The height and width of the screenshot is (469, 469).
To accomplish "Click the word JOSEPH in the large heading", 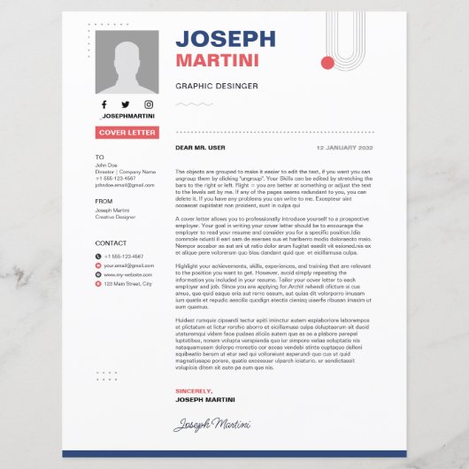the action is (226, 38).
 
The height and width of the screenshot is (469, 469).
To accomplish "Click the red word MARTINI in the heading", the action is (217, 60).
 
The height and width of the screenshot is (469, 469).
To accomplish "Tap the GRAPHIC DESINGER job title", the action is (217, 86).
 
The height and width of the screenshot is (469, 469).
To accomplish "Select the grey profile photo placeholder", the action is (127, 62).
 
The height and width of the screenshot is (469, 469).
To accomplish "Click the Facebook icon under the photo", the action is (105, 104).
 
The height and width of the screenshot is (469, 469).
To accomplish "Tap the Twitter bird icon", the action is (126, 104).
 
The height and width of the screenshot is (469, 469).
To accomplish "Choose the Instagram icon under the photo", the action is (148, 104).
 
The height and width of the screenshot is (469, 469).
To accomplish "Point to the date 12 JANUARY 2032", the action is (345, 148).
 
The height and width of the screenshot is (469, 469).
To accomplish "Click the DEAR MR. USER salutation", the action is (201, 148).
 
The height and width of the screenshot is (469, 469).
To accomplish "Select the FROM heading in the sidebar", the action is (104, 201).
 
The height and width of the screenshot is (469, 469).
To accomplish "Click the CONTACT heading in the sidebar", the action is (111, 242).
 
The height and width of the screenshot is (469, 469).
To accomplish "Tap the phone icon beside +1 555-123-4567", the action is (98, 257).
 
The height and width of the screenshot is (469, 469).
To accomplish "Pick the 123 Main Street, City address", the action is (128, 284).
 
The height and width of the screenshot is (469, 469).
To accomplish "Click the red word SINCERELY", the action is (194, 390).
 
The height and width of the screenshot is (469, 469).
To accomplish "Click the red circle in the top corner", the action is (328, 63).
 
